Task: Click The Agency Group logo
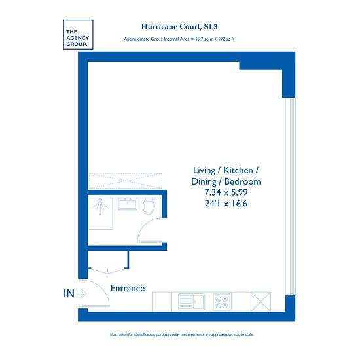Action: [78, 35]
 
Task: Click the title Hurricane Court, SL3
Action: [179, 27]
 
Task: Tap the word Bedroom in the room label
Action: [242, 181]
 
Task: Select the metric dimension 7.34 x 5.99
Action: [226, 192]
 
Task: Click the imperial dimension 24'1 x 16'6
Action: [226, 204]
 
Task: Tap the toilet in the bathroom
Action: [149, 206]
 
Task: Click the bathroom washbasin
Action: [128, 204]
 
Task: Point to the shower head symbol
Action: [100, 206]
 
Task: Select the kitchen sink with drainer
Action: [191, 302]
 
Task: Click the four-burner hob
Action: [222, 302]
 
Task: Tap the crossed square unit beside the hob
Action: [261, 301]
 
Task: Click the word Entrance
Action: [128, 289]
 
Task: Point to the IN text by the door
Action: [69, 293]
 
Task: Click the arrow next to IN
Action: [81, 293]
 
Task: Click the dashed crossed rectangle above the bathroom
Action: [126, 181]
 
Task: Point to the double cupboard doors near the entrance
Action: [108, 271]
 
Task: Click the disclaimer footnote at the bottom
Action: [182, 334]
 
